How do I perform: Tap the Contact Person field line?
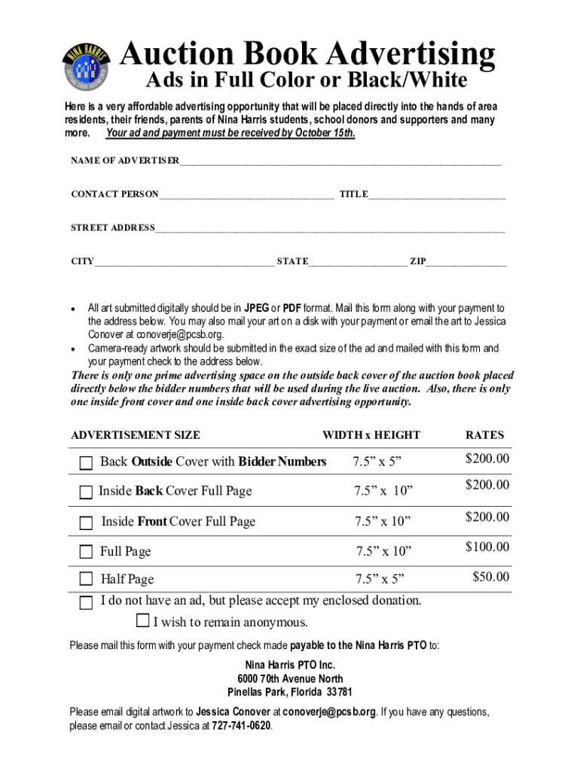pos(246,196)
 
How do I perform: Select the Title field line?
pos(437,196)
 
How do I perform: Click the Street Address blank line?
pos(330,229)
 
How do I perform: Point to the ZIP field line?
pos(466,263)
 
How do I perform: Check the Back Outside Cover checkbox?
pos(87,462)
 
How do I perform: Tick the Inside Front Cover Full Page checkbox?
pos(87,523)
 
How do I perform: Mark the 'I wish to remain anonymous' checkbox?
pos(143,621)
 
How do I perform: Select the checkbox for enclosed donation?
pos(87,602)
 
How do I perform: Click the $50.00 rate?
pos(490,577)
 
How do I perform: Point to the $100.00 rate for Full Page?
pos(487,547)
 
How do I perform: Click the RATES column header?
pos(484,435)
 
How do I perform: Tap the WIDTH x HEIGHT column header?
pos(371,435)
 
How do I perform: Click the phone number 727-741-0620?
pos(241,727)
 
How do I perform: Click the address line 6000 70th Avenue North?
pos(290,679)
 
